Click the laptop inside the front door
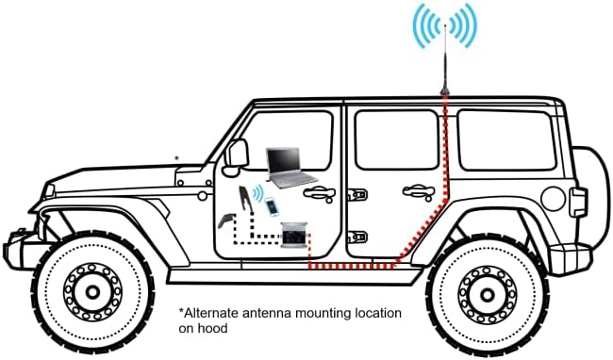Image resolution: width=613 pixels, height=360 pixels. [x=290, y=168]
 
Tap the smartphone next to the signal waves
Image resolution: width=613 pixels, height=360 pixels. [x=272, y=207]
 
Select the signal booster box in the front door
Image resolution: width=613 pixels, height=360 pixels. [x=295, y=235]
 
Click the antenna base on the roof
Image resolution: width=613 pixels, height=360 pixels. [x=444, y=92]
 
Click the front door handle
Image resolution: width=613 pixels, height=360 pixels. [x=320, y=192]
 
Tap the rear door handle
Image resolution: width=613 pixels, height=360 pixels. [x=419, y=191]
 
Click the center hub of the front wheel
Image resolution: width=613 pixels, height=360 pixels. [x=92, y=291]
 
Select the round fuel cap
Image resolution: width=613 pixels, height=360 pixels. [x=553, y=199]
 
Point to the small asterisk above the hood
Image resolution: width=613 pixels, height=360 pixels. [x=176, y=158]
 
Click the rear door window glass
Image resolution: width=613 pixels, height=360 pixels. [x=397, y=139]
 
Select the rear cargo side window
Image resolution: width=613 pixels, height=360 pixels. [x=507, y=139]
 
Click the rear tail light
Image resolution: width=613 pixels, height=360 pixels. [x=578, y=202]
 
